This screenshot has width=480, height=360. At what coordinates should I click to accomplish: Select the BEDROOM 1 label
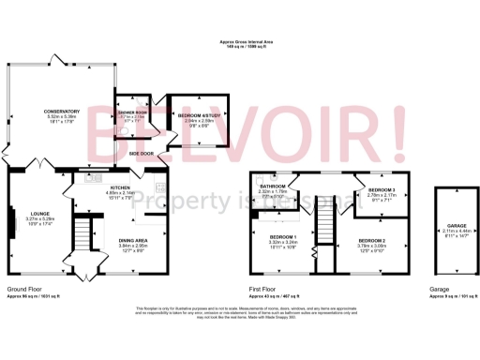click(283, 236)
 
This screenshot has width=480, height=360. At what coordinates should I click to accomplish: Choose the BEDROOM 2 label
click(371, 241)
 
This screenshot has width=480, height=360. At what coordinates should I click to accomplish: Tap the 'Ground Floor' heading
click(22, 291)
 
